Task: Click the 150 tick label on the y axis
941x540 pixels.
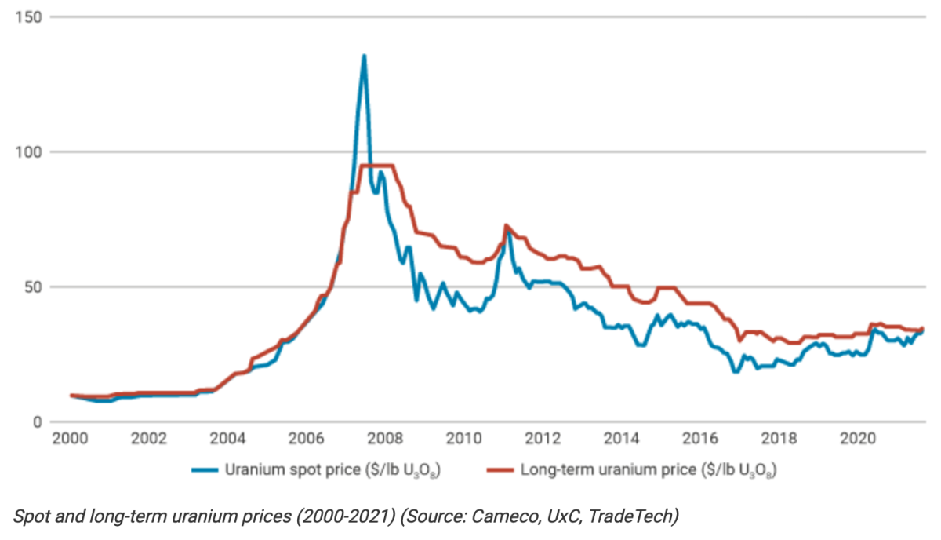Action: (29, 17)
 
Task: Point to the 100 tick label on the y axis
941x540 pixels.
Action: (29, 152)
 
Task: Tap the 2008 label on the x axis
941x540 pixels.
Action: (385, 438)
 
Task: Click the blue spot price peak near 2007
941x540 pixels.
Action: (364, 56)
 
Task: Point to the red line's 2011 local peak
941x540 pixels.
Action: (506, 226)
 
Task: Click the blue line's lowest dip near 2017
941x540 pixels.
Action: (736, 371)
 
